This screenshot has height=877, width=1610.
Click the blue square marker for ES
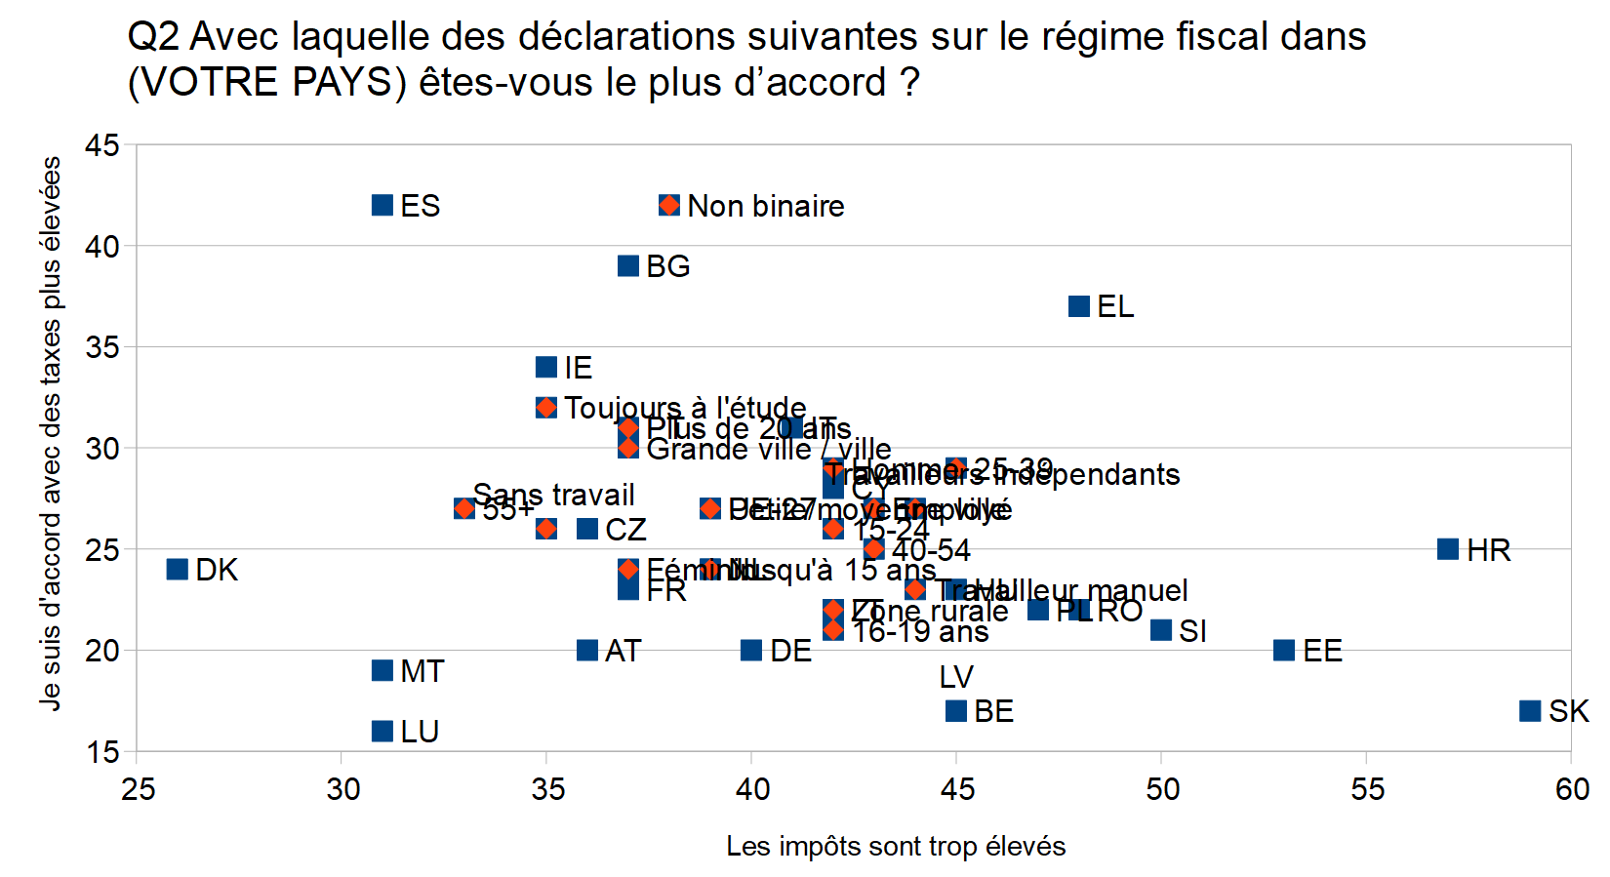382,205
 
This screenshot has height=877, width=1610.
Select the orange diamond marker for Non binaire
669,205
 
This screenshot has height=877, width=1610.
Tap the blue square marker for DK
178,569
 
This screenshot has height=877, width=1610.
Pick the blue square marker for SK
1530,710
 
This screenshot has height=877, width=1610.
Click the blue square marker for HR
1448,549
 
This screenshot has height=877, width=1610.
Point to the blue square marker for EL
1079,306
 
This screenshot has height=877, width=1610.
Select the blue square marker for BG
628,265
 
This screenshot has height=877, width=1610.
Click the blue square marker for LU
382,731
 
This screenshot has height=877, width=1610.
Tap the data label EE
1322,651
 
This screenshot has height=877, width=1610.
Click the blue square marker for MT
382,670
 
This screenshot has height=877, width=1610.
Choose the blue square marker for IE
546,367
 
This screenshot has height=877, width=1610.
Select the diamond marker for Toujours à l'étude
546,407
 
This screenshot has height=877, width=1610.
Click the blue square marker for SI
1161,630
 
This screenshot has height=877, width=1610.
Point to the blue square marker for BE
956,710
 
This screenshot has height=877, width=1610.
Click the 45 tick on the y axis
102,145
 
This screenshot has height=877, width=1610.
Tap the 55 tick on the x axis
1367,788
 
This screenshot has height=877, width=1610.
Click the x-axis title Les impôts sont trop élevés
896,846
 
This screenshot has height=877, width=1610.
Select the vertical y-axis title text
51,434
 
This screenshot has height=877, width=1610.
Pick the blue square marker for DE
751,650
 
